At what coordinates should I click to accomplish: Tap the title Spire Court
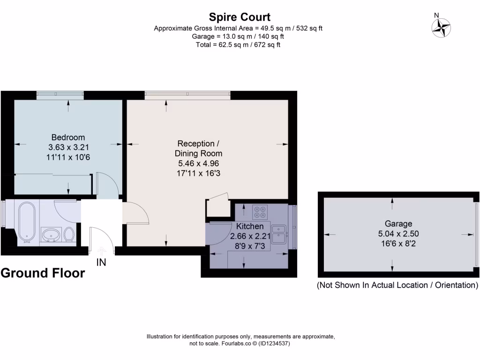point(240,17)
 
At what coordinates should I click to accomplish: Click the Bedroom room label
point(68,137)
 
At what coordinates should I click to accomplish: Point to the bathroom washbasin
point(51,234)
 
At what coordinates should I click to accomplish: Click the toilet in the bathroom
point(69,234)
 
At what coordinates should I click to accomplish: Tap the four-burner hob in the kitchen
point(259,212)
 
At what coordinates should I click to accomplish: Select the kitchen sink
point(280,234)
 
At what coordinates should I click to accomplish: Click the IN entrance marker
point(101,262)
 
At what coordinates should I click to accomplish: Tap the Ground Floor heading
point(43,273)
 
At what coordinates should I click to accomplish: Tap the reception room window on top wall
point(187,95)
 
